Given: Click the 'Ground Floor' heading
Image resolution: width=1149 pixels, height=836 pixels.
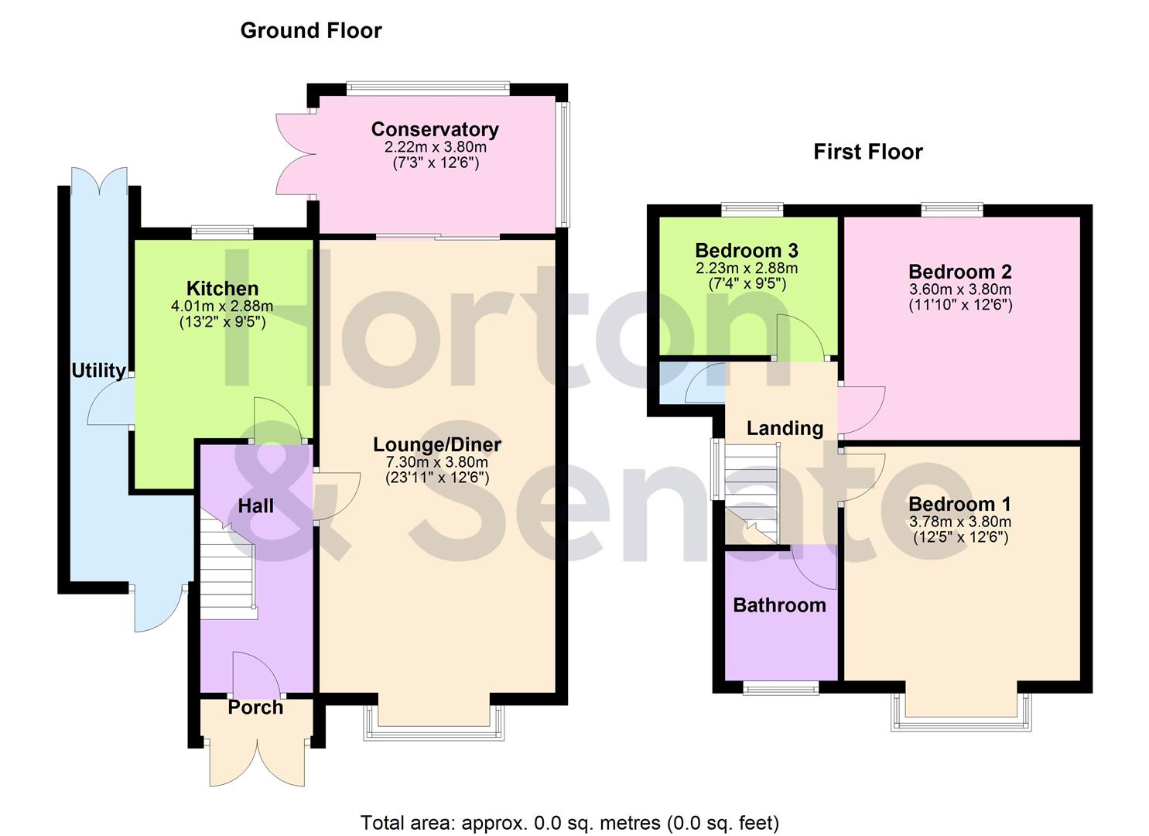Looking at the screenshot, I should (x=311, y=31).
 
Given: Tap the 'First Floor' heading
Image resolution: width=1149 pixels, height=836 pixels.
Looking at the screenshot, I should (x=867, y=152).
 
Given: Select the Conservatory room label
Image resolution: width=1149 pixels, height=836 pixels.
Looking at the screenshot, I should (x=435, y=129).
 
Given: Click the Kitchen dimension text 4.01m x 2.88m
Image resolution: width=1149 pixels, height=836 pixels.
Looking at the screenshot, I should (x=222, y=306).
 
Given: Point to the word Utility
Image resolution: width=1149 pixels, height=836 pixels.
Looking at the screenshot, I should (x=98, y=371).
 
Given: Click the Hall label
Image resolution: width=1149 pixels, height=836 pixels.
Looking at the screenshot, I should (x=255, y=506).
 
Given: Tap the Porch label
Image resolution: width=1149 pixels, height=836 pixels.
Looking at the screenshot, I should (x=255, y=708).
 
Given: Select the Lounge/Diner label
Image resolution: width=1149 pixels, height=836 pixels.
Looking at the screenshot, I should (x=437, y=444).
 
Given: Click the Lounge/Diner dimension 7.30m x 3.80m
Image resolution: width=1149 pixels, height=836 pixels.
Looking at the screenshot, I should (x=437, y=462).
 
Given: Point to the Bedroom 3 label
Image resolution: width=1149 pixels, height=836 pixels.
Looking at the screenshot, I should (x=747, y=251).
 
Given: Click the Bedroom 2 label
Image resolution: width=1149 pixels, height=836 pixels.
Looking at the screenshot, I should (x=960, y=272).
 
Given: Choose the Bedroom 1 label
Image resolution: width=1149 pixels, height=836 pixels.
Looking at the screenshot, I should (x=960, y=504).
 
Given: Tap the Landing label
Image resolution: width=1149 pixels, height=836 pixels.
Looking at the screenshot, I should (x=785, y=428).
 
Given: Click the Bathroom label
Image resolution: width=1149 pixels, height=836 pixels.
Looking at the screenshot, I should (x=779, y=605).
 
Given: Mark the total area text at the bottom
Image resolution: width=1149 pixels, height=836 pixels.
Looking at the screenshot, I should (x=569, y=823).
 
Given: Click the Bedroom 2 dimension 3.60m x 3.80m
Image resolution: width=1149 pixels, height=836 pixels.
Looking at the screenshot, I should (x=960, y=290).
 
